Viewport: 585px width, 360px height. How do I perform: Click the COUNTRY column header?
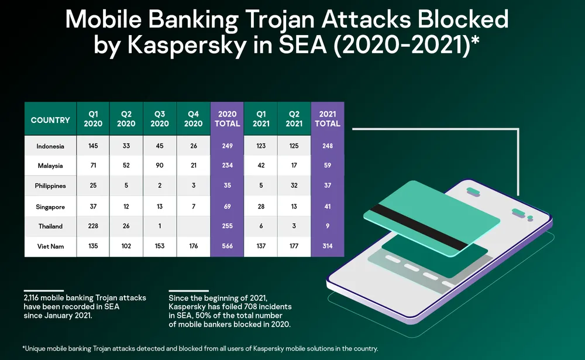(50, 119)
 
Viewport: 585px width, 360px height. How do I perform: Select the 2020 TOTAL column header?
(227, 119)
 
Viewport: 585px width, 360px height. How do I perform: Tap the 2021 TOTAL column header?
(327, 119)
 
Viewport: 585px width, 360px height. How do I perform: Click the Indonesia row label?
(50, 146)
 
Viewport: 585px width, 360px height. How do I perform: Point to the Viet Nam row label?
(50, 246)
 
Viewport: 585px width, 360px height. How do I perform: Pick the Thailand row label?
(50, 227)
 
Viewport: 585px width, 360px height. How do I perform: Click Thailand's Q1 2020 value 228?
(92, 227)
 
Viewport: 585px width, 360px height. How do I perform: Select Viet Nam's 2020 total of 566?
(227, 246)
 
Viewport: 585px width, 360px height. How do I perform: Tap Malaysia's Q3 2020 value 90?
(160, 166)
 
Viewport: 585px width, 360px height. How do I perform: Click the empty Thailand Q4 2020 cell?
(193, 227)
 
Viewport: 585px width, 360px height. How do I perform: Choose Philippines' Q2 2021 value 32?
(294, 186)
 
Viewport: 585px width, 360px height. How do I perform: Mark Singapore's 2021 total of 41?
(327, 207)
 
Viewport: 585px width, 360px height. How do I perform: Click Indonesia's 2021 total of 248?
(327, 146)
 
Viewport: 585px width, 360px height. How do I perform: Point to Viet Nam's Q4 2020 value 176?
(193, 246)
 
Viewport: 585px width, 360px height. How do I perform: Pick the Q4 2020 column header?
(193, 119)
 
